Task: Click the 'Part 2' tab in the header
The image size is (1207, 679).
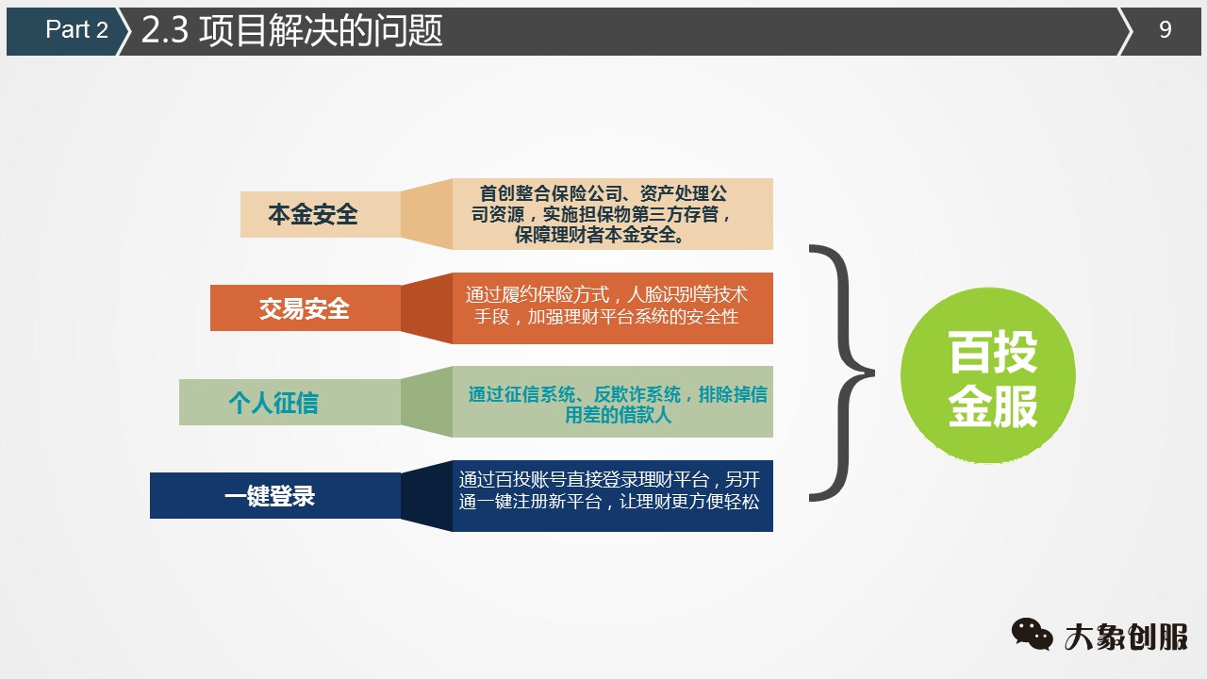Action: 75,30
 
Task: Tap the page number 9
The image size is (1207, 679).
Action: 1165,30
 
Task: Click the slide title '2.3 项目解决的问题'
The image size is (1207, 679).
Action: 291,31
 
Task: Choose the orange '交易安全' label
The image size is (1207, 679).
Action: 305,307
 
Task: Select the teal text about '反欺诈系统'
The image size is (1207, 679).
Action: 617,404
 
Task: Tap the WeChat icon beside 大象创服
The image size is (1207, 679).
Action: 1033,634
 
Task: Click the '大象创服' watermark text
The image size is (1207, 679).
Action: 1127,637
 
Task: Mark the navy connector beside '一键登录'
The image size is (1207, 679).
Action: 426,496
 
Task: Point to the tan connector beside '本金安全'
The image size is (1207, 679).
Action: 426,214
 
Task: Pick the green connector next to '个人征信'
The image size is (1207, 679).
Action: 426,403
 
